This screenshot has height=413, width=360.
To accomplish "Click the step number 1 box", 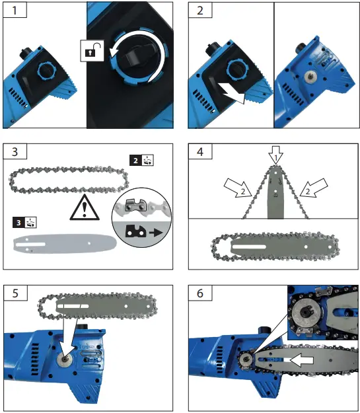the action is pyautogui.click(x=15, y=11).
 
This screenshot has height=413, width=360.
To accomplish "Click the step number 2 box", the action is pyautogui.click(x=200, y=11).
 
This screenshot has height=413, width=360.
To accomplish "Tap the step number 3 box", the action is pyautogui.click(x=15, y=152).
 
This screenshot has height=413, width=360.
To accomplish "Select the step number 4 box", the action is pyautogui.click(x=200, y=152).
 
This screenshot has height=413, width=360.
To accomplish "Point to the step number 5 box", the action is pyautogui.click(x=15, y=293).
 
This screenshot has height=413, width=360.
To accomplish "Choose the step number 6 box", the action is pyautogui.click(x=200, y=293).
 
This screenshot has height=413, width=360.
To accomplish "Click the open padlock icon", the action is pyautogui.click(x=92, y=51).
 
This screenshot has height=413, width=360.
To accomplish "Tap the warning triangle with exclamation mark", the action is pyautogui.click(x=85, y=207).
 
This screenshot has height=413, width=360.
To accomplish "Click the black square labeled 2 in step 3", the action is pyautogui.click(x=135, y=161).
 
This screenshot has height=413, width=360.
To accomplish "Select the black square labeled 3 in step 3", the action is pyautogui.click(x=18, y=223).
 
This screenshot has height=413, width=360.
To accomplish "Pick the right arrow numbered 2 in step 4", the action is pyautogui.click(x=314, y=188).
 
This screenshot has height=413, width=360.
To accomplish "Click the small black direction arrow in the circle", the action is pyautogui.click(x=156, y=233).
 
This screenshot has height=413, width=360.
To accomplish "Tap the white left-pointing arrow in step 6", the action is pyautogui.click(x=301, y=360).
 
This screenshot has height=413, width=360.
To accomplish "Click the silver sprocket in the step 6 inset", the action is pyautogui.click(x=306, y=314).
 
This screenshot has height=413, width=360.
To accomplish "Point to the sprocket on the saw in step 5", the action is pyautogui.click(x=65, y=359).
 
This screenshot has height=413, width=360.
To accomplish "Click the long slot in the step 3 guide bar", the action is pyautogui.click(x=30, y=244).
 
